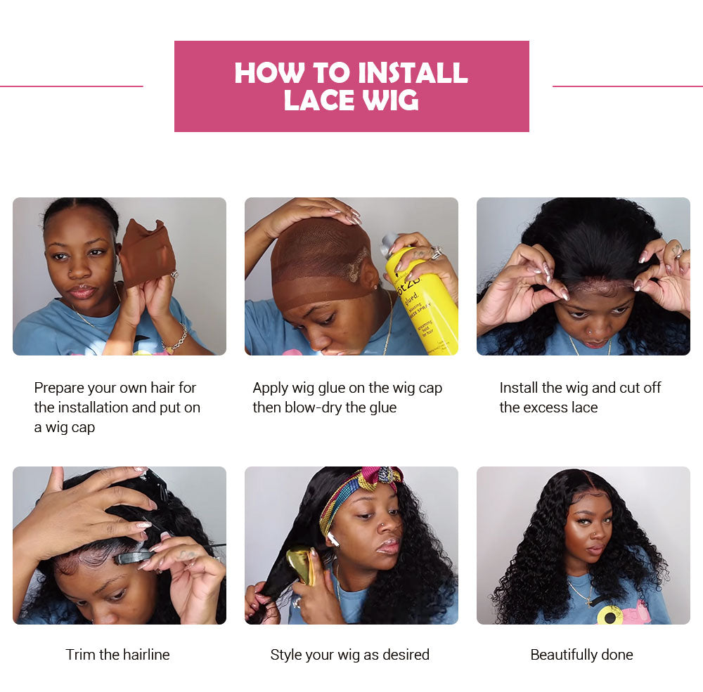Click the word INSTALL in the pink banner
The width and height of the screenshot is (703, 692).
pyautogui.click(x=413, y=72)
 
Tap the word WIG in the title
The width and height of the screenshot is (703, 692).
pyautogui.click(x=390, y=100)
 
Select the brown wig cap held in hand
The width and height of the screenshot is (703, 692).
pyautogui.click(x=147, y=253)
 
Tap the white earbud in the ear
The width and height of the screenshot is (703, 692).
pyautogui.click(x=333, y=539)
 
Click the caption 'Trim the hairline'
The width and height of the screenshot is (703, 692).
pyautogui.click(x=117, y=654)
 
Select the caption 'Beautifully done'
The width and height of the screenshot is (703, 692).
pyautogui.click(x=581, y=655)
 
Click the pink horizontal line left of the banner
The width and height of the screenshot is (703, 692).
pyautogui.click(x=71, y=86)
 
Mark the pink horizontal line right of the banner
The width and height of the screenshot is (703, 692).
pyautogui.click(x=628, y=86)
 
